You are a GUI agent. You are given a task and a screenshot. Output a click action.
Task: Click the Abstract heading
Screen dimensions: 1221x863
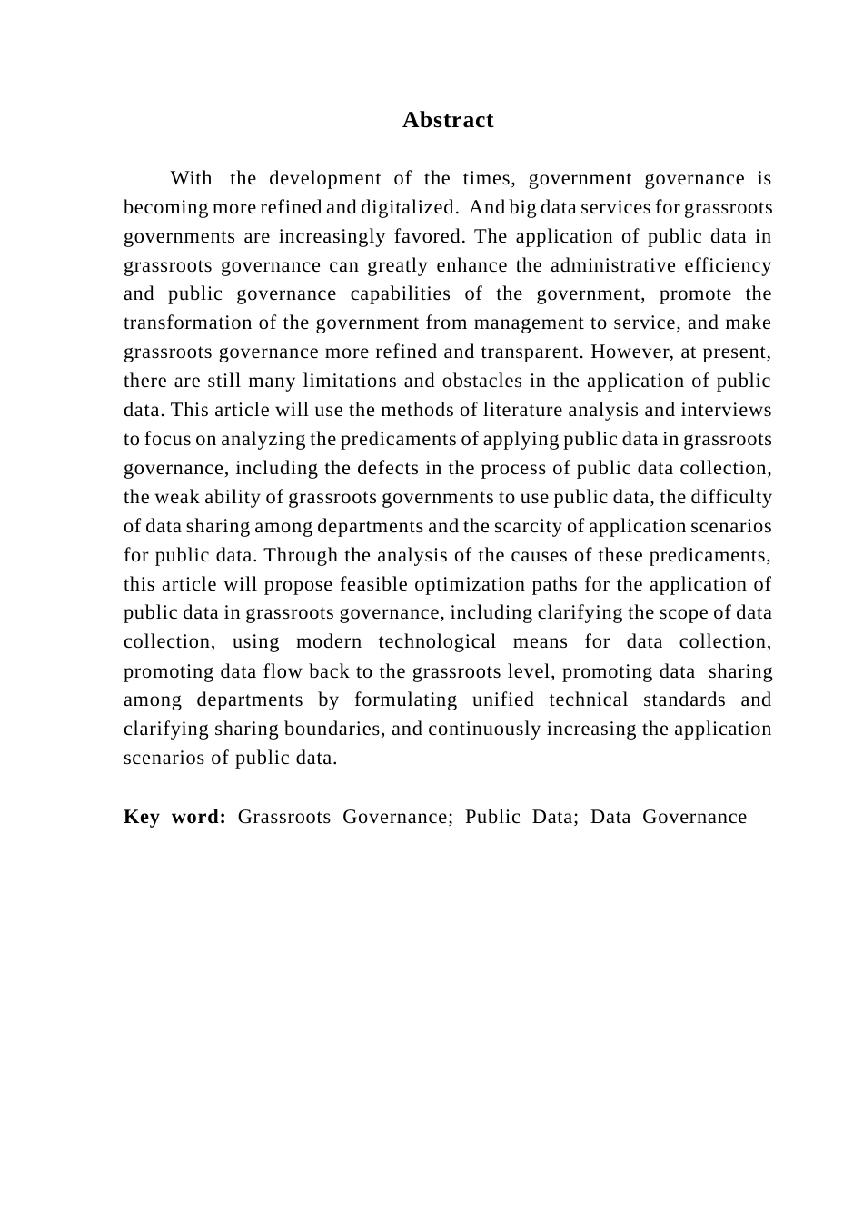(x=448, y=120)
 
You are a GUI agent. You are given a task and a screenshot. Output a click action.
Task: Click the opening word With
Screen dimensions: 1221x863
(x=191, y=178)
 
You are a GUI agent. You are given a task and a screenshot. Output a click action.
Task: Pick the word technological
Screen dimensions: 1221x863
(x=437, y=641)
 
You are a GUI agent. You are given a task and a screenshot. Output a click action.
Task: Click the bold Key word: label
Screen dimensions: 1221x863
(x=174, y=817)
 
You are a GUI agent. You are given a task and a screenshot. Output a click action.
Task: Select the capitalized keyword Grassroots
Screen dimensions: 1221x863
(x=284, y=817)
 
